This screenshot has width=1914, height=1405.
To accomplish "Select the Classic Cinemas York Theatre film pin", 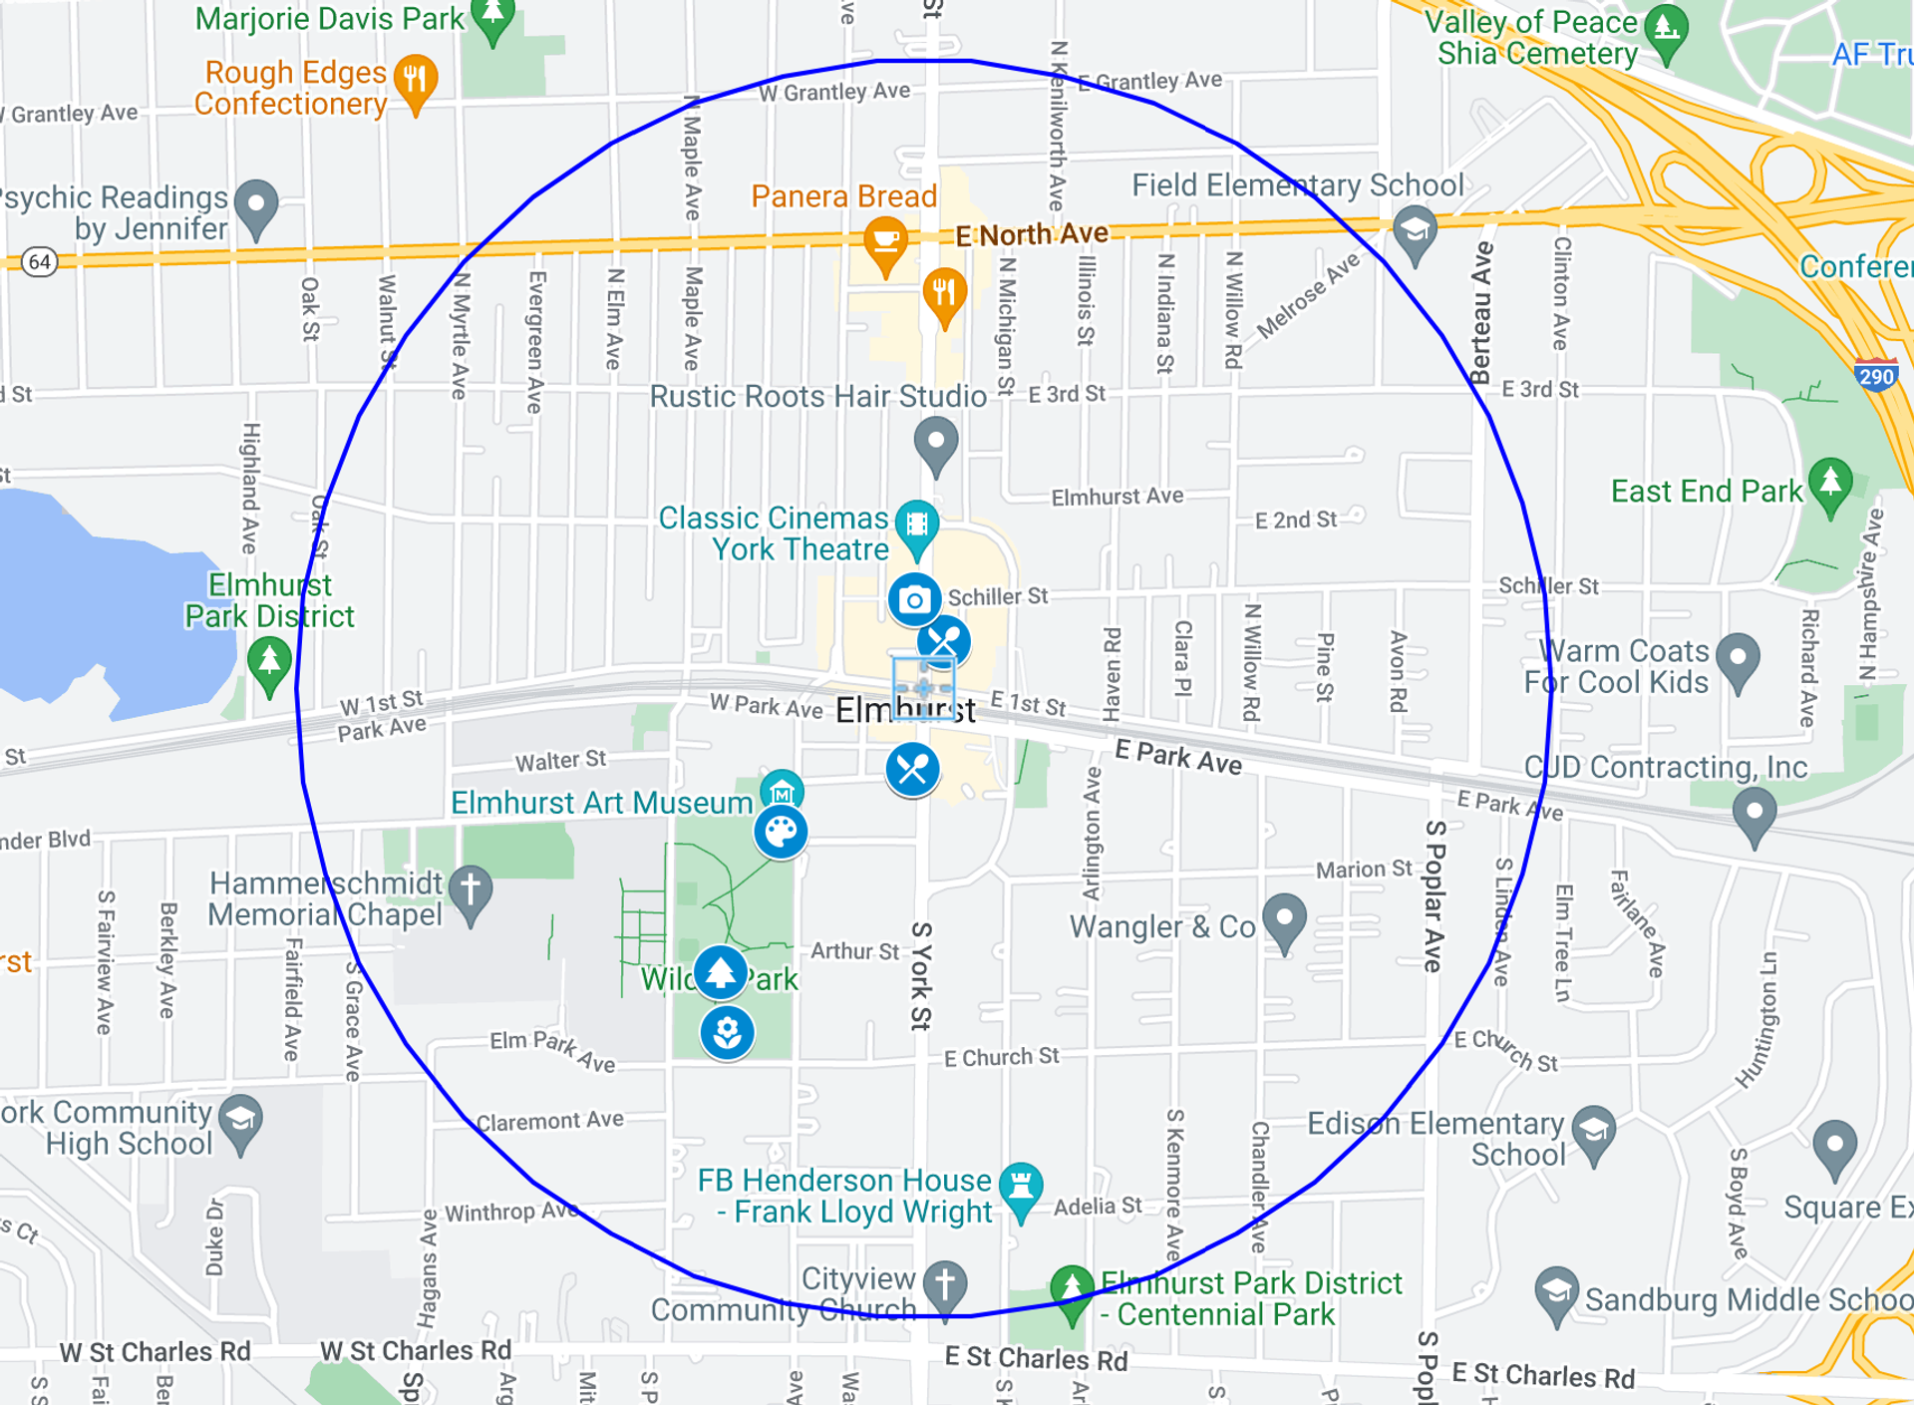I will (916, 526).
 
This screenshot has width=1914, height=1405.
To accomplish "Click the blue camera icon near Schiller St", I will (914, 600).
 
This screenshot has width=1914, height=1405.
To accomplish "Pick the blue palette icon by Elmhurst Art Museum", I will (781, 832).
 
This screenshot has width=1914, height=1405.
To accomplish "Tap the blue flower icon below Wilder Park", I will (727, 1032).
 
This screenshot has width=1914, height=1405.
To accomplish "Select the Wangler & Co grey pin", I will (1284, 918).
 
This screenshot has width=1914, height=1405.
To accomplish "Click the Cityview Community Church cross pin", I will (944, 1283).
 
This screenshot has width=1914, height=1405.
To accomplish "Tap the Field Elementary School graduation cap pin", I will (1415, 231).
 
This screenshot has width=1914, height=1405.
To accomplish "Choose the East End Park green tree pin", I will (1830, 484).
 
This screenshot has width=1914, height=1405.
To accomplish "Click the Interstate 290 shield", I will (1876, 375).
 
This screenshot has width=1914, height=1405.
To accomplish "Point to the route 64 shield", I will (40, 262).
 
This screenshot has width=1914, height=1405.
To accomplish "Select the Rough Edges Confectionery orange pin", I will (416, 79).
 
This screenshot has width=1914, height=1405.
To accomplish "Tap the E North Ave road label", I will (1032, 235).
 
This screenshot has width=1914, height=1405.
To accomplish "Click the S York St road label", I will (921, 975).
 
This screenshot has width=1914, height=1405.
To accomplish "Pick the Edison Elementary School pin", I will (1593, 1131).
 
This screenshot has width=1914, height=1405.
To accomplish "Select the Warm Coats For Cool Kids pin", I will (1739, 659).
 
